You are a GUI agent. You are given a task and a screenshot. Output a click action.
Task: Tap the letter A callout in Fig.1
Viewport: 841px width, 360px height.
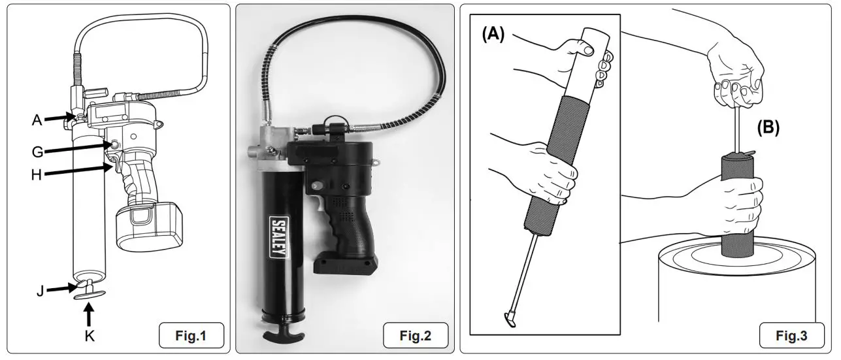(37, 119)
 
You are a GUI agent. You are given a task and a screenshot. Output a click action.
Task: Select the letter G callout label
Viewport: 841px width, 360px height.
(37, 152)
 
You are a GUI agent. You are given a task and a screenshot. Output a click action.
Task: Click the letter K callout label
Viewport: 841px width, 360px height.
(89, 336)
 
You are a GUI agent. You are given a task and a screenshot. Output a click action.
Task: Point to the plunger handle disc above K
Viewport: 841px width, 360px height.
(90, 295)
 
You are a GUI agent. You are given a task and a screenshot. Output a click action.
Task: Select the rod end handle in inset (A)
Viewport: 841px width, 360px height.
(509, 320)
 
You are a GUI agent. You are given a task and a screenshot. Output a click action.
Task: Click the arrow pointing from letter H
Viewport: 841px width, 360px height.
(78, 172)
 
